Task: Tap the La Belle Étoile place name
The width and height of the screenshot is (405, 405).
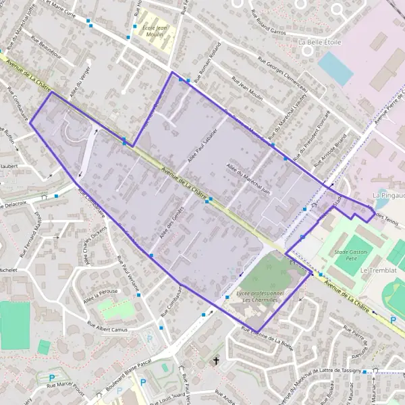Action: [x=320, y=42]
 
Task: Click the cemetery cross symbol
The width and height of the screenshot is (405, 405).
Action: [x=216, y=362]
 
